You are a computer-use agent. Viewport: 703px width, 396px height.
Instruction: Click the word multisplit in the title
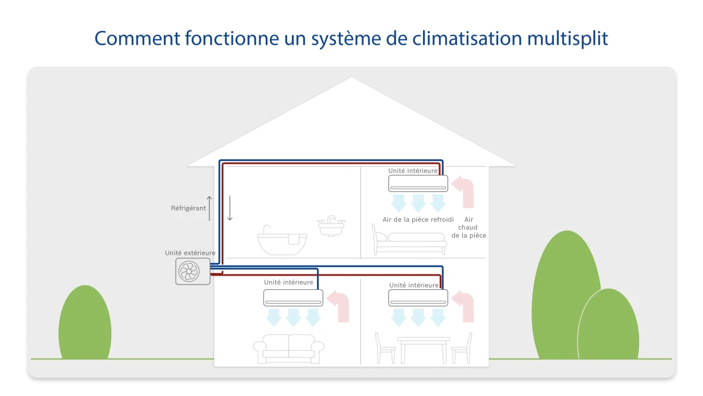(568, 38)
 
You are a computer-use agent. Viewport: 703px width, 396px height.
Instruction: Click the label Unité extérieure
(190, 253)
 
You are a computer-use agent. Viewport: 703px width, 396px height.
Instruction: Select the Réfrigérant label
(188, 208)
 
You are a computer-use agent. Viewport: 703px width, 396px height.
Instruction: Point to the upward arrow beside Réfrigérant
(210, 208)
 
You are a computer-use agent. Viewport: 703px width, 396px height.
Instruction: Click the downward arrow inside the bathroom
(230, 208)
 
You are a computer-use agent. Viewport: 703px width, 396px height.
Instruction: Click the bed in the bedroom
(409, 240)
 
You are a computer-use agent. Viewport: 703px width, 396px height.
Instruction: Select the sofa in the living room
(288, 349)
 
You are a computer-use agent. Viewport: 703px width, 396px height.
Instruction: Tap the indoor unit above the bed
(418, 183)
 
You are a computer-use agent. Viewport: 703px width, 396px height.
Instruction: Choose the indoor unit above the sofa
(293, 297)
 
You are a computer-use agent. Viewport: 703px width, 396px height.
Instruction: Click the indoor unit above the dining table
(418, 298)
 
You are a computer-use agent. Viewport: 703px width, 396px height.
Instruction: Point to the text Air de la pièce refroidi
(418, 220)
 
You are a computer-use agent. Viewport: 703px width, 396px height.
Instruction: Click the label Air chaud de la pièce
(468, 228)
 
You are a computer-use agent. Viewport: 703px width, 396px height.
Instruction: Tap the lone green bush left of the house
(85, 323)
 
